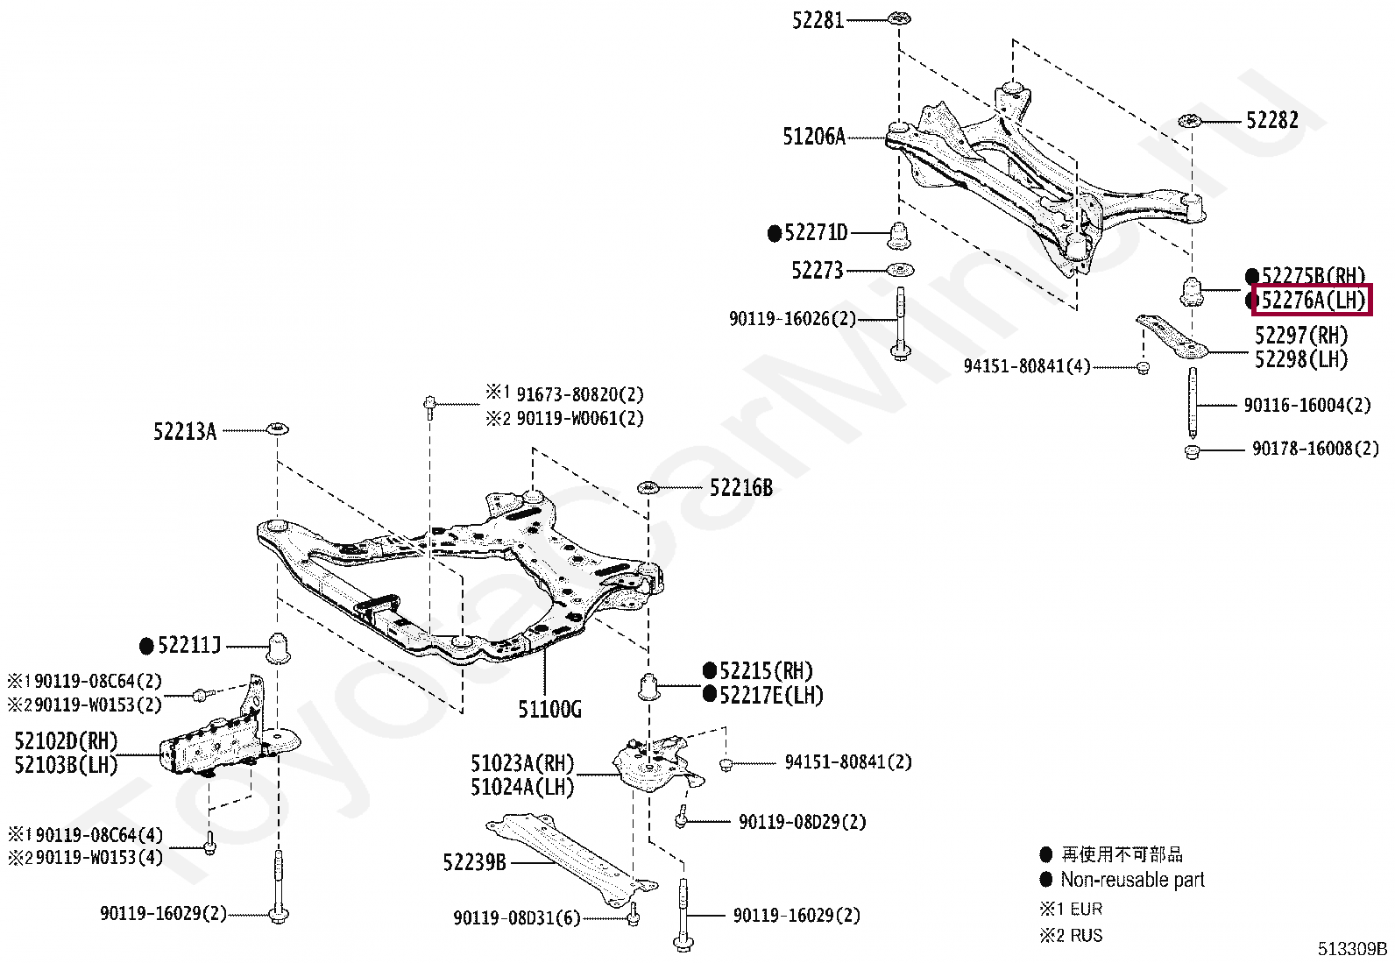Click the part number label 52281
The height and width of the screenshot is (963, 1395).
[818, 19]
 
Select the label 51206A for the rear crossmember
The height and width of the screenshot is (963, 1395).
[813, 137]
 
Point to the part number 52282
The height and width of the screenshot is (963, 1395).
[1271, 120]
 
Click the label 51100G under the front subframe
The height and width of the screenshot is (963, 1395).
[549, 709]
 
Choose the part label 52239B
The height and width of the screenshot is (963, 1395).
[474, 862]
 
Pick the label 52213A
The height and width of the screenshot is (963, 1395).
[185, 431]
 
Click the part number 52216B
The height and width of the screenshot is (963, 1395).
[741, 488]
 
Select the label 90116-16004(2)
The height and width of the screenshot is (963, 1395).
[1306, 405]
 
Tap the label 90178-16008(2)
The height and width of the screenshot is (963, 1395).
[1314, 449]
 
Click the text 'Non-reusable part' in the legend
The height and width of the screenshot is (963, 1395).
[1132, 880]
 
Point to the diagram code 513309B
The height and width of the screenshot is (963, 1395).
[1352, 949]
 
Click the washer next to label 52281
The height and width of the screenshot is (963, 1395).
[899, 18]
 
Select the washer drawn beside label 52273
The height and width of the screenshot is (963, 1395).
[899, 270]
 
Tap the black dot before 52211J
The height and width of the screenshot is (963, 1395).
[147, 647]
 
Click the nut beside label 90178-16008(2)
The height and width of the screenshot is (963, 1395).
[1191, 452]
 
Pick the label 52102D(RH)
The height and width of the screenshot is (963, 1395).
[66, 741]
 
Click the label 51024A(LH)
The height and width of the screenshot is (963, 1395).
[522, 787]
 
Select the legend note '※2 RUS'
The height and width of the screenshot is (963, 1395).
[1071, 936]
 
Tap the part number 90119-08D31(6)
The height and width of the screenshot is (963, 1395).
[516, 918]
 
